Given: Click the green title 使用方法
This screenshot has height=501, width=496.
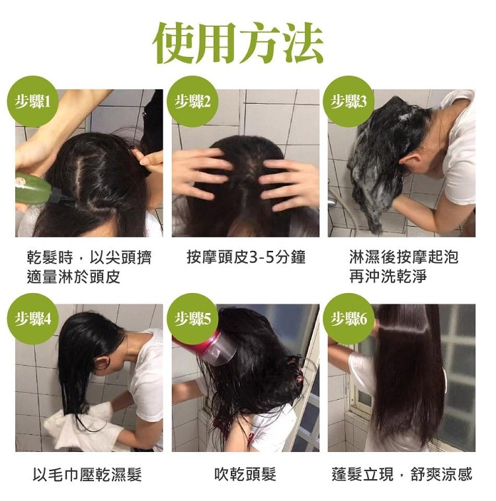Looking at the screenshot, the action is point(239,43).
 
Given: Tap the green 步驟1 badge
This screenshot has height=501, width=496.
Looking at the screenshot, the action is point(33,101).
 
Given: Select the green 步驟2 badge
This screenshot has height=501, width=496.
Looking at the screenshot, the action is point(192,101).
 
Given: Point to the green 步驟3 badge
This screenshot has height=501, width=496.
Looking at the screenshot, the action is point(349,101).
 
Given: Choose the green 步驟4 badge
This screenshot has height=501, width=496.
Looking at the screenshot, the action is point(33,318).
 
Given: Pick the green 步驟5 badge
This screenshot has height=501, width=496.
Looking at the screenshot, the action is point(192,318).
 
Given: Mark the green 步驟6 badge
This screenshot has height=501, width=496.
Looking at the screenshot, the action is point(349,318).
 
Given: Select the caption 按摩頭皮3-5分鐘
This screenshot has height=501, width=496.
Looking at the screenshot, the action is point(246,257).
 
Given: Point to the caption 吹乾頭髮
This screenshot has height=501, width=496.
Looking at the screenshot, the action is point(245,475).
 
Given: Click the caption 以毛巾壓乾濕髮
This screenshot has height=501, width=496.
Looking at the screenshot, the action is point(87,475).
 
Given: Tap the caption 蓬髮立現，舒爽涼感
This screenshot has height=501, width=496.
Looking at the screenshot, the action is point(402,475).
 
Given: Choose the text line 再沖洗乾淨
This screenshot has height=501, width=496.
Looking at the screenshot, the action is point(388,277).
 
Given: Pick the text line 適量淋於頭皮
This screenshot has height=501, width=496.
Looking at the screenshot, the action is point(73,277).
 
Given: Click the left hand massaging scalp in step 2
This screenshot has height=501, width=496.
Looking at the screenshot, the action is point(202,173).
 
